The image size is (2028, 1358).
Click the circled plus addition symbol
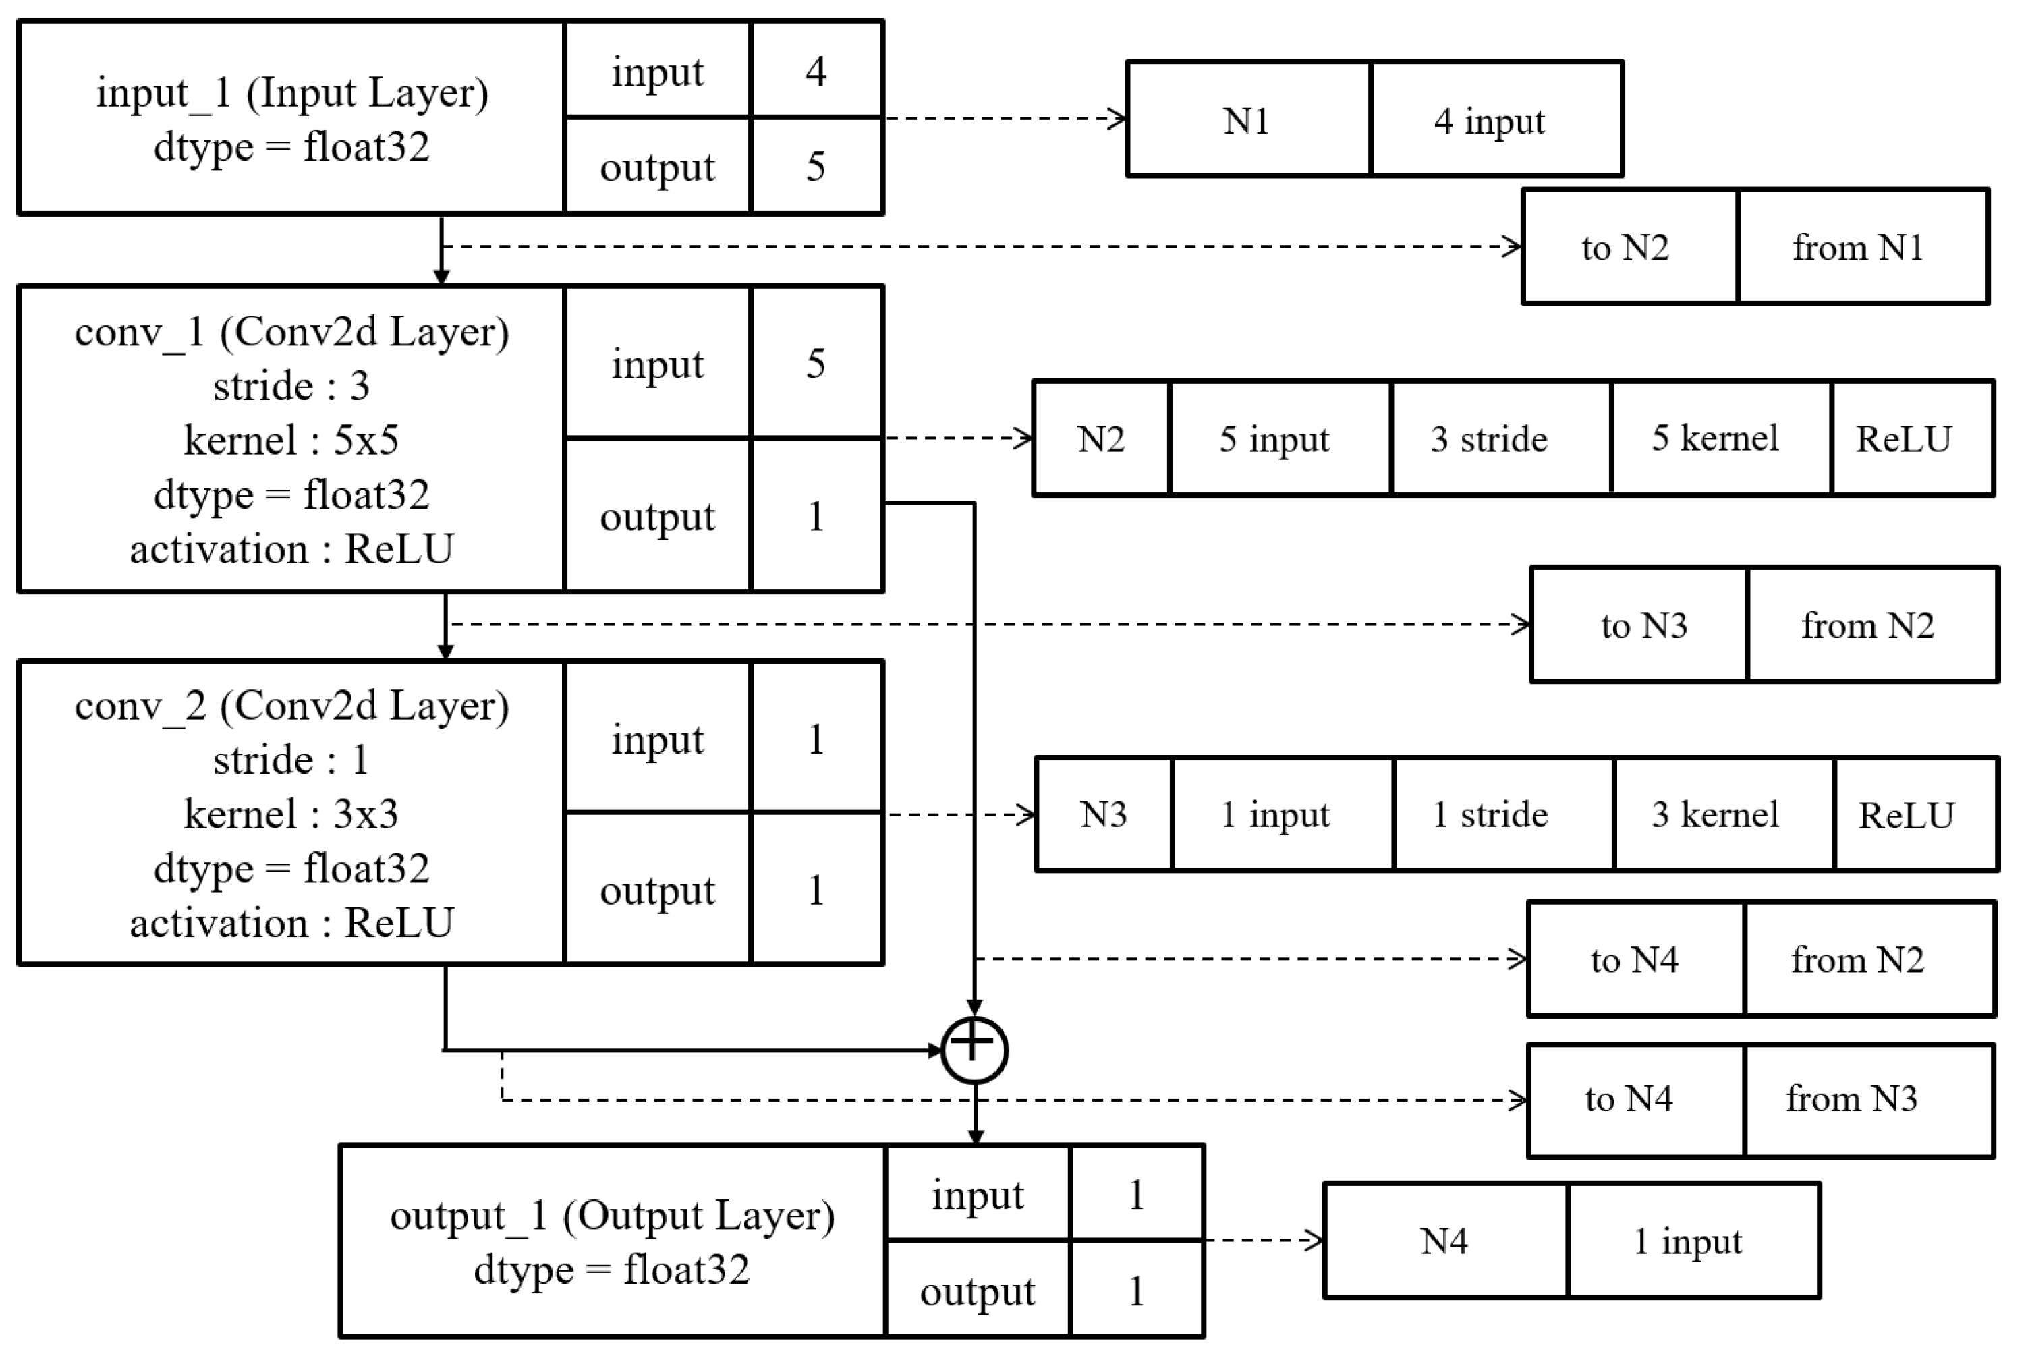974,1050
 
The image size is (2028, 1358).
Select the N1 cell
1248,119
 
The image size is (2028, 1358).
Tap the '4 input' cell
1496,119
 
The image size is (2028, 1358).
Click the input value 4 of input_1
816,70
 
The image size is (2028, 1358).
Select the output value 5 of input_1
816,166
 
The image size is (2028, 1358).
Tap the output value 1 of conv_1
816,516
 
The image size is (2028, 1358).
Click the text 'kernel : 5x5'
291,440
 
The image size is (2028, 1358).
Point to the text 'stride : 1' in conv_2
291,760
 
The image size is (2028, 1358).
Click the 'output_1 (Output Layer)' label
611,1215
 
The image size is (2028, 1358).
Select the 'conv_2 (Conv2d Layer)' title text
291,706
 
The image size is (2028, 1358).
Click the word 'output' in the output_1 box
976,1291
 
